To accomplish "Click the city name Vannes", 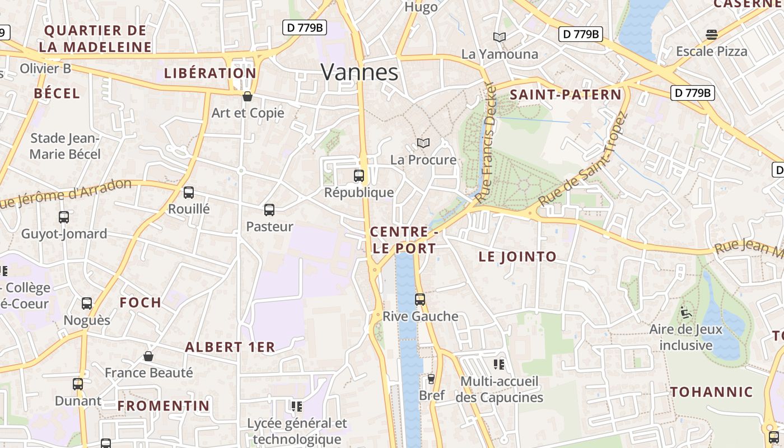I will click(x=360, y=72).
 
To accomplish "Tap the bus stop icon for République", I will click(x=359, y=176).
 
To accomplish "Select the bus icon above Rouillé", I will click(x=189, y=193).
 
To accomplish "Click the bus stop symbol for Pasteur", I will click(x=269, y=210).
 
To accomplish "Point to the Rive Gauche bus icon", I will click(x=420, y=300).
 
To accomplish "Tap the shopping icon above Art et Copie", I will click(x=248, y=96).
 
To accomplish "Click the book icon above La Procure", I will click(x=423, y=143).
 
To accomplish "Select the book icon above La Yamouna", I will click(x=500, y=38).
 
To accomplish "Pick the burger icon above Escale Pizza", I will click(x=712, y=35).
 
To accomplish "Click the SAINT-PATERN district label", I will click(x=566, y=95).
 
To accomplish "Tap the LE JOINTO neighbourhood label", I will click(x=517, y=257).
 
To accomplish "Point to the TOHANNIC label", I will click(x=712, y=392).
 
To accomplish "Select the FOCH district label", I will click(x=141, y=303).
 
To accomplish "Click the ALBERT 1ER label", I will click(x=230, y=347).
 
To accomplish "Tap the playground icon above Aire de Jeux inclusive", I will click(x=686, y=312).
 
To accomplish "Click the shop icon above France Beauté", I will click(x=148, y=356).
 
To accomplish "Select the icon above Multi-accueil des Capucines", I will click(x=499, y=365).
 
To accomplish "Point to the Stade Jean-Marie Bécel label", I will click(x=65, y=146).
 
